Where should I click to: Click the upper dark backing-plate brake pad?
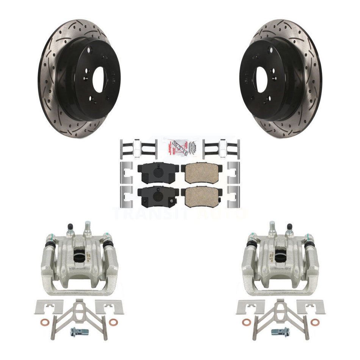pyautogui.click(x=158, y=172)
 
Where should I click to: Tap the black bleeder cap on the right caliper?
pyautogui.click(x=290, y=229)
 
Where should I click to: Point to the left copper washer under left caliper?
pyautogui.click(x=43, y=322)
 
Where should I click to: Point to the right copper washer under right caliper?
pyautogui.click(x=315, y=322)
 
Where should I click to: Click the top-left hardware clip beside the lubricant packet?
pyautogui.click(x=138, y=148)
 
